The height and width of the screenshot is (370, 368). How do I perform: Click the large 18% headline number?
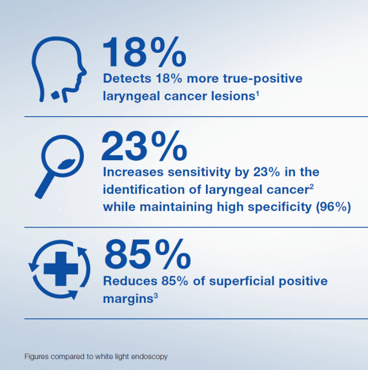pos(145,52)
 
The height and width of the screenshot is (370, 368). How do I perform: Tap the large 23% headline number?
pos(145,146)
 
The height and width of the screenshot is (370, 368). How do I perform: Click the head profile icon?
pos(59,70)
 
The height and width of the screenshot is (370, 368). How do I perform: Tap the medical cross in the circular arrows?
pos(61,269)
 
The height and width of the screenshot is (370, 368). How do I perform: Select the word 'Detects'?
pos(127,78)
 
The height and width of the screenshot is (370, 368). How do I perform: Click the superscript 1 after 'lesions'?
pos(258,94)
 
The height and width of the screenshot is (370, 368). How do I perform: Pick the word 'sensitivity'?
pos(199,172)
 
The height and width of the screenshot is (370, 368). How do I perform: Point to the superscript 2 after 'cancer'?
pos(312,187)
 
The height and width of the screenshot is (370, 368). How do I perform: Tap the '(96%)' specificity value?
pos(333,207)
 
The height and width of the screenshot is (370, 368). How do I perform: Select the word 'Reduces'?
pos(130,281)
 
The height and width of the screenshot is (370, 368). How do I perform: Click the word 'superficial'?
pos(242,281)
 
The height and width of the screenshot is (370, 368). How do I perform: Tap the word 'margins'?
pos(128,299)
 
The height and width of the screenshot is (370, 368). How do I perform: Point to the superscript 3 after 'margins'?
pos(156,296)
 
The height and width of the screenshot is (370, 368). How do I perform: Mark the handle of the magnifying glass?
pos(45,185)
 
